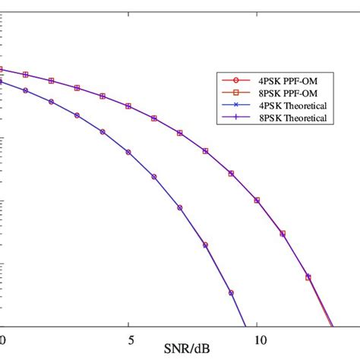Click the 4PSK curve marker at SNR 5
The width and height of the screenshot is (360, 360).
click(128, 152)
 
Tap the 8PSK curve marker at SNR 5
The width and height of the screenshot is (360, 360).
click(128, 106)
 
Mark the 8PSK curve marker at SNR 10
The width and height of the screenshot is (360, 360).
click(257, 201)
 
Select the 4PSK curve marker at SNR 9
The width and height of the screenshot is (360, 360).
click(232, 292)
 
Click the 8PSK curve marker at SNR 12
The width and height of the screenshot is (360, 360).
click(308, 276)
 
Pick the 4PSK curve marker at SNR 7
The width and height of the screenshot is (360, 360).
click(180, 207)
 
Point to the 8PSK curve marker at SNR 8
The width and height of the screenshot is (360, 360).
click(206, 151)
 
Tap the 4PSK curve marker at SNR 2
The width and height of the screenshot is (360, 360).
click(52, 101)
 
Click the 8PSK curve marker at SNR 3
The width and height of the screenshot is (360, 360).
click(77, 88)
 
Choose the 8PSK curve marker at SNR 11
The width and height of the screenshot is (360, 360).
click(283, 234)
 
